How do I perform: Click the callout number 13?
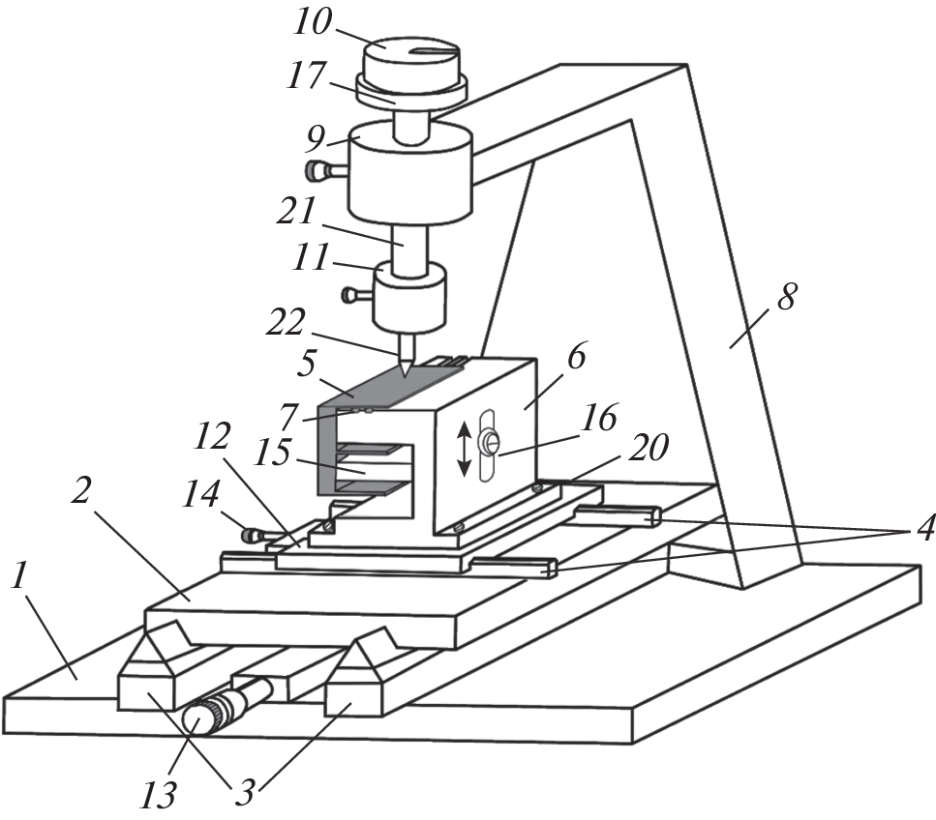point(159,795)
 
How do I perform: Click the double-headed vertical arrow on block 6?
point(465,449)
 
